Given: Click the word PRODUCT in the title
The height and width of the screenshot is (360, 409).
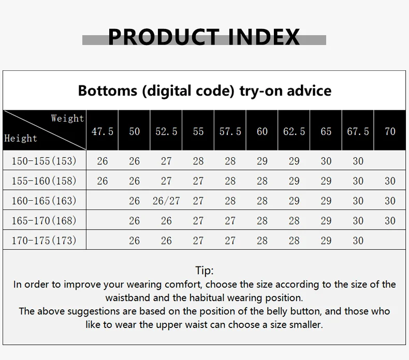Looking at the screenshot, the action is (164, 37).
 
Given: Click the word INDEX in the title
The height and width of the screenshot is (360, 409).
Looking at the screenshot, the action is (264, 37).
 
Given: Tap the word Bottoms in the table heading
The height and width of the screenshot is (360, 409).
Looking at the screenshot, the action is (108, 91).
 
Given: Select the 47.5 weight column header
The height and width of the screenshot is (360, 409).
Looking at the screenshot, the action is (103, 131).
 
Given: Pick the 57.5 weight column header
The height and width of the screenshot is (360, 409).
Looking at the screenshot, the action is (230, 131).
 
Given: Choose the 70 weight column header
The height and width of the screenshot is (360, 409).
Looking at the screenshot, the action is (390, 131).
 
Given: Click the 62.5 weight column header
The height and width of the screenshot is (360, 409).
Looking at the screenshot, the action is (294, 131).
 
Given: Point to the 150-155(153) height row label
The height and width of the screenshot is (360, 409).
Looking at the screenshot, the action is (44, 161).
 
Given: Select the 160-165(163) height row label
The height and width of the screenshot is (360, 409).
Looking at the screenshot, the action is (44, 201).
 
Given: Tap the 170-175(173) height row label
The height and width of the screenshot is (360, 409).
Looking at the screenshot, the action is (44, 241).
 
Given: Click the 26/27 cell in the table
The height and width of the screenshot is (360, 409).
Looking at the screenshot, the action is (166, 201).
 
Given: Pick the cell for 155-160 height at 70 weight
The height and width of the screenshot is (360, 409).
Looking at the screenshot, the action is (390, 181).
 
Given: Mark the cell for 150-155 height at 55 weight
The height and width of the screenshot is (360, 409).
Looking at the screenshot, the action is (198, 161).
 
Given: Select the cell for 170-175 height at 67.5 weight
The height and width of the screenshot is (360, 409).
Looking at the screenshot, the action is (358, 241).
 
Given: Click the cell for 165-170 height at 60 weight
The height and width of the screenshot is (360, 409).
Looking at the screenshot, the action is (262, 221).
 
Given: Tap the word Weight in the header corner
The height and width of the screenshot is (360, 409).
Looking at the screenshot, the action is (67, 118).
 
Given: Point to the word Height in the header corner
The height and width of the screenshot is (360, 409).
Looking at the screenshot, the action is (21, 138).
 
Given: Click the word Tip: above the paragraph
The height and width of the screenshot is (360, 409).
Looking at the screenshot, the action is (204, 271).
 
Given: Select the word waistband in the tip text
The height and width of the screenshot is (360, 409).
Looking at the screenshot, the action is (127, 298).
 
